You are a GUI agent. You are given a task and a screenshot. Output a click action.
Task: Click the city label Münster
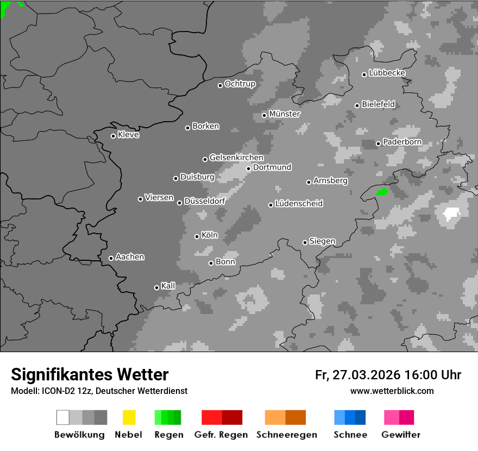pos(285,114)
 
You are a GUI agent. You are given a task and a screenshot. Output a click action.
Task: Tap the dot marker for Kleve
pos(113,136)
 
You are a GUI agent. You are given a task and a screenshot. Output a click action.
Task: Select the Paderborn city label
pos(402,142)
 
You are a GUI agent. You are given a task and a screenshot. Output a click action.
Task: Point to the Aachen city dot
pos(111,258)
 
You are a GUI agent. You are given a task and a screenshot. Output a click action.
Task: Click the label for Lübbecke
pos(387,73)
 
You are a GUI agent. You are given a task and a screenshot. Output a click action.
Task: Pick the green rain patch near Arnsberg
pos(383,191)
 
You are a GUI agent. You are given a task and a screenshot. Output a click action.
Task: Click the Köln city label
pos(210,235)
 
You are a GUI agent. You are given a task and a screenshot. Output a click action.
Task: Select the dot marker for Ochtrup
pos(220,85)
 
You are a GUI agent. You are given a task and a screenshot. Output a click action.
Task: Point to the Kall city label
pos(168,286)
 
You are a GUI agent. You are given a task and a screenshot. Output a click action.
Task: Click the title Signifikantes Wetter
pos(90,374)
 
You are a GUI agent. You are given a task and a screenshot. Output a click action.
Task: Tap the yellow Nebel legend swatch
pos(129,417)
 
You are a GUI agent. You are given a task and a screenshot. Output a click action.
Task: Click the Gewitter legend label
pos(401,435)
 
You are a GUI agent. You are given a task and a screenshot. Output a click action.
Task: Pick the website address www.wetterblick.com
pos(392,391)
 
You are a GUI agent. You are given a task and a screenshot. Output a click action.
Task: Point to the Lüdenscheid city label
pos(299,204)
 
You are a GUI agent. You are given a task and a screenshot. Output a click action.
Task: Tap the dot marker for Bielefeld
pos(357,105)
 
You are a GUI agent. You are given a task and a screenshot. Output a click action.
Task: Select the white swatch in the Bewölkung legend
pos(63,417)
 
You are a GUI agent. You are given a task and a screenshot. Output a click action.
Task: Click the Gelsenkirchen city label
pos(236,158)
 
